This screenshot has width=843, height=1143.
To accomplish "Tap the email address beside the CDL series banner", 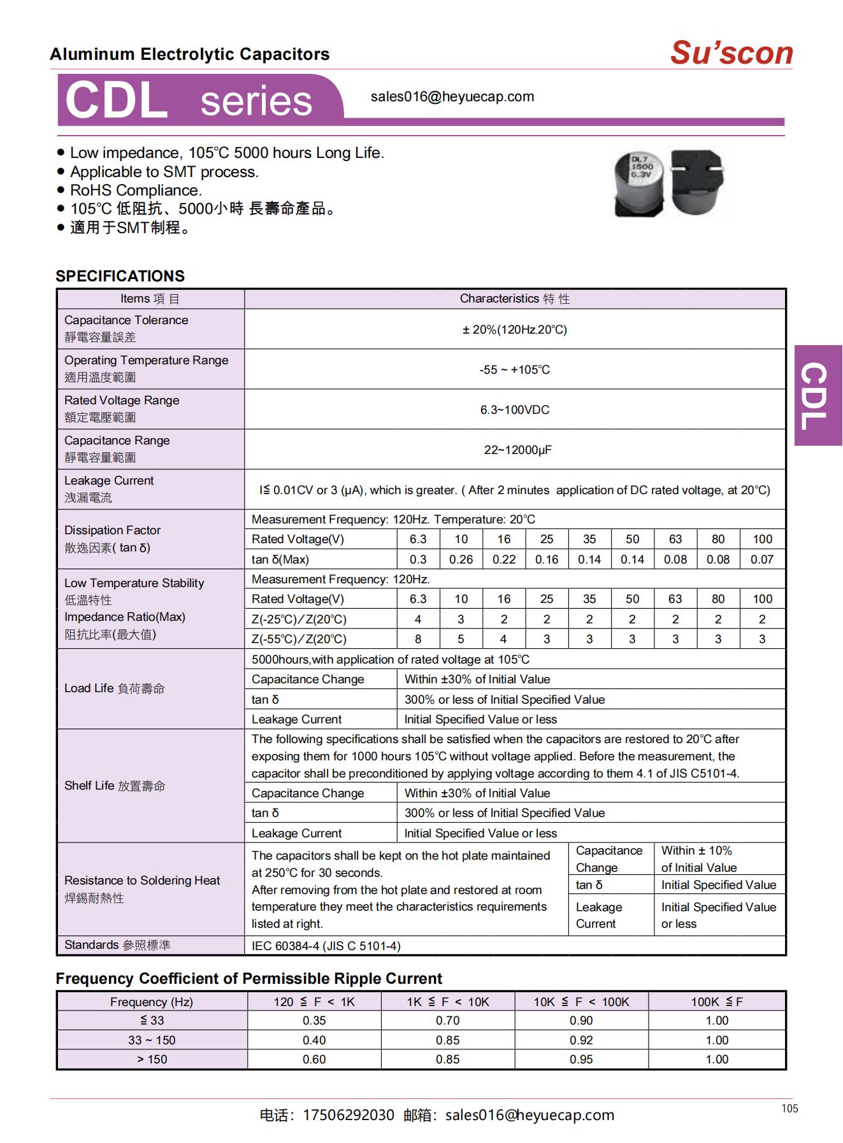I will (452, 97).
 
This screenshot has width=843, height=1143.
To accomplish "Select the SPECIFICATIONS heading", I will (120, 276).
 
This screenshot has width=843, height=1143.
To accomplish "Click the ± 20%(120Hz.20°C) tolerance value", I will (514, 329).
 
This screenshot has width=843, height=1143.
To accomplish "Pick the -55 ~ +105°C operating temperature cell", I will (514, 369).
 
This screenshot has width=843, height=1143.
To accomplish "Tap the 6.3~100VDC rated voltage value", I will (514, 409).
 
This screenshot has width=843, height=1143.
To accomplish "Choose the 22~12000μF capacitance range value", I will (517, 450).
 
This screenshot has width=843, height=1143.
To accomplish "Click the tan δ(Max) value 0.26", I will (461, 559).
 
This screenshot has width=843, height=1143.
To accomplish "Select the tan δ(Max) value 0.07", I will (761, 559).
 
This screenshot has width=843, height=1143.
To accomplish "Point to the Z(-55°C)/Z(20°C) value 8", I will (418, 639).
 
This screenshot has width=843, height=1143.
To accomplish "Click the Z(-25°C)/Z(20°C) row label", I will (299, 619).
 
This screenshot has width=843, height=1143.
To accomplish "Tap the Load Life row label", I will (115, 688).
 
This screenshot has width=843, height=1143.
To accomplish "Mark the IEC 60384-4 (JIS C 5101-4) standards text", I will (326, 946).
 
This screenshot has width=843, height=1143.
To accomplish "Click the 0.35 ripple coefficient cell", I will (314, 1020).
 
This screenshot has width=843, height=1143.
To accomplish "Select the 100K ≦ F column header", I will (717, 1002).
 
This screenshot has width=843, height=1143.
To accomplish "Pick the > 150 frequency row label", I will (152, 1059).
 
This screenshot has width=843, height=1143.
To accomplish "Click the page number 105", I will (789, 1109).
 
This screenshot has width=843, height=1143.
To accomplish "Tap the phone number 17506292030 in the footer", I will (348, 1115).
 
